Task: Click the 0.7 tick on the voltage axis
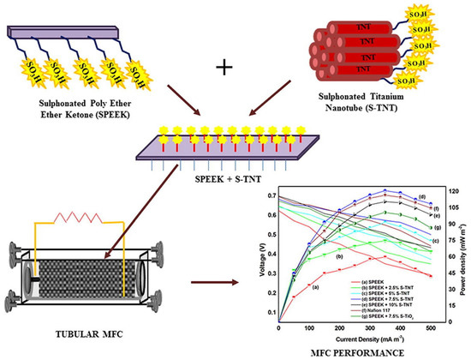point(271,196)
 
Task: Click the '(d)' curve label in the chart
point(422,198)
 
